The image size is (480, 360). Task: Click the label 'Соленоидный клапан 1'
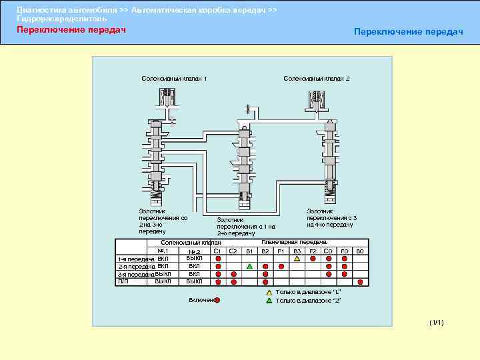(x=174, y=79)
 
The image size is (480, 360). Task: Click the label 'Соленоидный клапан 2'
(x=316, y=79)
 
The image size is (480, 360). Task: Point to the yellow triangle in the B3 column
(x=297, y=259)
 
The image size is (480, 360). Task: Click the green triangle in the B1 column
(x=249, y=266)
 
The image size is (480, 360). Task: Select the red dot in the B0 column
(x=360, y=281)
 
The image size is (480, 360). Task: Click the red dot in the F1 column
(x=281, y=266)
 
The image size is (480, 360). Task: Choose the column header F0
(x=344, y=251)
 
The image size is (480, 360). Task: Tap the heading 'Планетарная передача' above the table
(x=294, y=243)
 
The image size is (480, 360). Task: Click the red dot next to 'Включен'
(x=217, y=301)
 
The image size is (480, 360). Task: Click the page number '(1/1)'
(x=437, y=323)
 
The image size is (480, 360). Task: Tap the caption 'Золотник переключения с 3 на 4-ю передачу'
(x=331, y=217)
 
